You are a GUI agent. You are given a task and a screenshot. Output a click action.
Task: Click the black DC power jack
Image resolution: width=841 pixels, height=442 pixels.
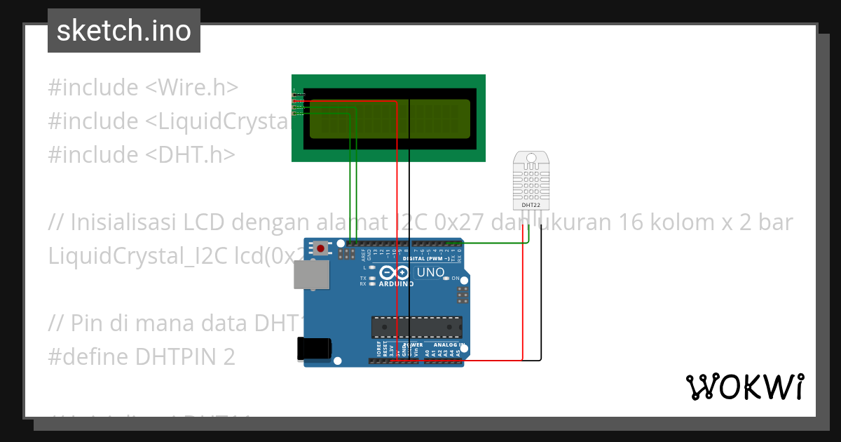tap(312, 349)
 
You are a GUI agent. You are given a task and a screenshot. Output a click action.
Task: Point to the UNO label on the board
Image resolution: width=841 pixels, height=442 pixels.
tap(430, 272)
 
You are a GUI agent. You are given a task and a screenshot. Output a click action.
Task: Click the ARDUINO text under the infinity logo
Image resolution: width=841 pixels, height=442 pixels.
tap(396, 284)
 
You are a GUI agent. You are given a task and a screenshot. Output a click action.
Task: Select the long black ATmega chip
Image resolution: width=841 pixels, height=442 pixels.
tap(416, 327)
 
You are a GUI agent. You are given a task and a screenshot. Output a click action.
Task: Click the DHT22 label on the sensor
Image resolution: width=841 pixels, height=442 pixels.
tap(531, 205)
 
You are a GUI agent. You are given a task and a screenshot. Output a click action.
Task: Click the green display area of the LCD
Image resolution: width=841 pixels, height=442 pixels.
tap(390, 119)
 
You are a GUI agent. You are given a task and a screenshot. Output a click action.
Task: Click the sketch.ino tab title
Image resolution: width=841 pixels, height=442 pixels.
tap(124, 31)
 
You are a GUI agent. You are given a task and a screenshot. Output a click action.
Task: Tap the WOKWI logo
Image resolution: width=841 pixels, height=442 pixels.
tap(744, 387)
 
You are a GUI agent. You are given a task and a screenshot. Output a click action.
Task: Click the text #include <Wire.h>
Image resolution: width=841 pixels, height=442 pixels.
tap(143, 88)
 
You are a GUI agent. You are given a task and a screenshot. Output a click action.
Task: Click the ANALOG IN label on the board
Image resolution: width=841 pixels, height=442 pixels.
tap(449, 344)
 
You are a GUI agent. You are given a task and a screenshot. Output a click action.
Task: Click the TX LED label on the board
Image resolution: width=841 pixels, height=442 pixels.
tap(363, 278)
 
